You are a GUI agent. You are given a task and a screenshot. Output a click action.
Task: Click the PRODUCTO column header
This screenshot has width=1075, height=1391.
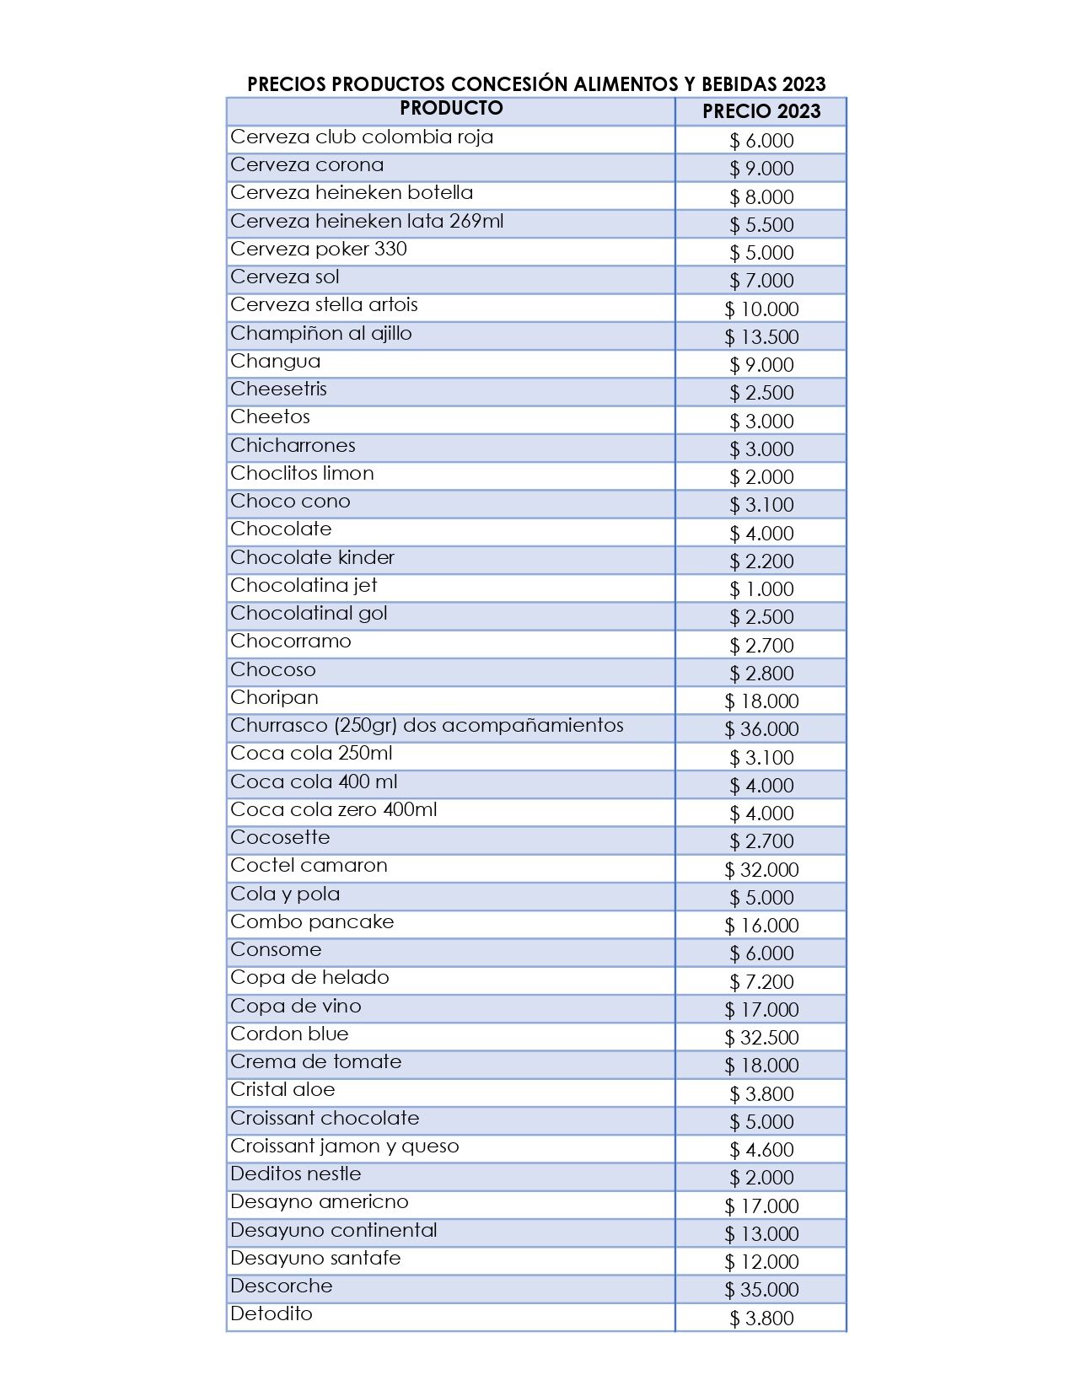coord(451,108)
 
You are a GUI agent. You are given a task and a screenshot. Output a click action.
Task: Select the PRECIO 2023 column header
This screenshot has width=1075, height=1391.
coord(761,111)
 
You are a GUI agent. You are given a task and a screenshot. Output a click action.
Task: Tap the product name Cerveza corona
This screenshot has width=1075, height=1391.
coord(307,165)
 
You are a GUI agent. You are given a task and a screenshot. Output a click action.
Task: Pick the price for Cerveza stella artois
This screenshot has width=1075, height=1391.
coord(761,309)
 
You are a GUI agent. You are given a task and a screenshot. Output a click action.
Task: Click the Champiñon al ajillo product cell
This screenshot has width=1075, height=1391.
coord(321,334)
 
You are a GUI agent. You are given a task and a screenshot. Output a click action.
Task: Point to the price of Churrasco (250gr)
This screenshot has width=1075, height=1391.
coord(761,729)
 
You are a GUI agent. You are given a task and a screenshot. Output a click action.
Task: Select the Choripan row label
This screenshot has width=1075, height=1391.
coord(274,698)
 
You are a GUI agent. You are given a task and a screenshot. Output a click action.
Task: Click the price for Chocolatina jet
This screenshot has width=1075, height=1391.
coord(761,589)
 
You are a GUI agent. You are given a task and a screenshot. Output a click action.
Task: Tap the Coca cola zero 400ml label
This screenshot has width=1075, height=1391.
coord(334,810)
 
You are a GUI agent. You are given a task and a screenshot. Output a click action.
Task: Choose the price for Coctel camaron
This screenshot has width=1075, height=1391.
coord(761,869)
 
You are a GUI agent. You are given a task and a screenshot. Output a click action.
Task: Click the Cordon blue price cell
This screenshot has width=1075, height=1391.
coord(761,1038)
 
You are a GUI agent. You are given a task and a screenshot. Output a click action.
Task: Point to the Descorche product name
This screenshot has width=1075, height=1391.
coord(282,1286)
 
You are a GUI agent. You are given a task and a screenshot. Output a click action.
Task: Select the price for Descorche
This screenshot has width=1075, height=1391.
coord(761,1290)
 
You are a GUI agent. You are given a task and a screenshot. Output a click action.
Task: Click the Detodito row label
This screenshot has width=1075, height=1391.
coord(271,1314)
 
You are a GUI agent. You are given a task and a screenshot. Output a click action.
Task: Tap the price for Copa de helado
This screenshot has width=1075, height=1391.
coord(761,981)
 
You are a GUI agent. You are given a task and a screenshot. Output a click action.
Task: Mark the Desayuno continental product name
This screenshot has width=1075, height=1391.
coord(334,1231)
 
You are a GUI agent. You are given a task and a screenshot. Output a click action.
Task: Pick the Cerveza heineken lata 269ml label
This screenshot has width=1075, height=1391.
coord(367,222)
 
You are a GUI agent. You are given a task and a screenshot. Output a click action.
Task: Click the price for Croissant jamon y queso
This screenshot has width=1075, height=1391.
coord(761,1150)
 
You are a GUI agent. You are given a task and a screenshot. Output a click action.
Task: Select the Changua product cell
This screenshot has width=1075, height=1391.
coord(276,362)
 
